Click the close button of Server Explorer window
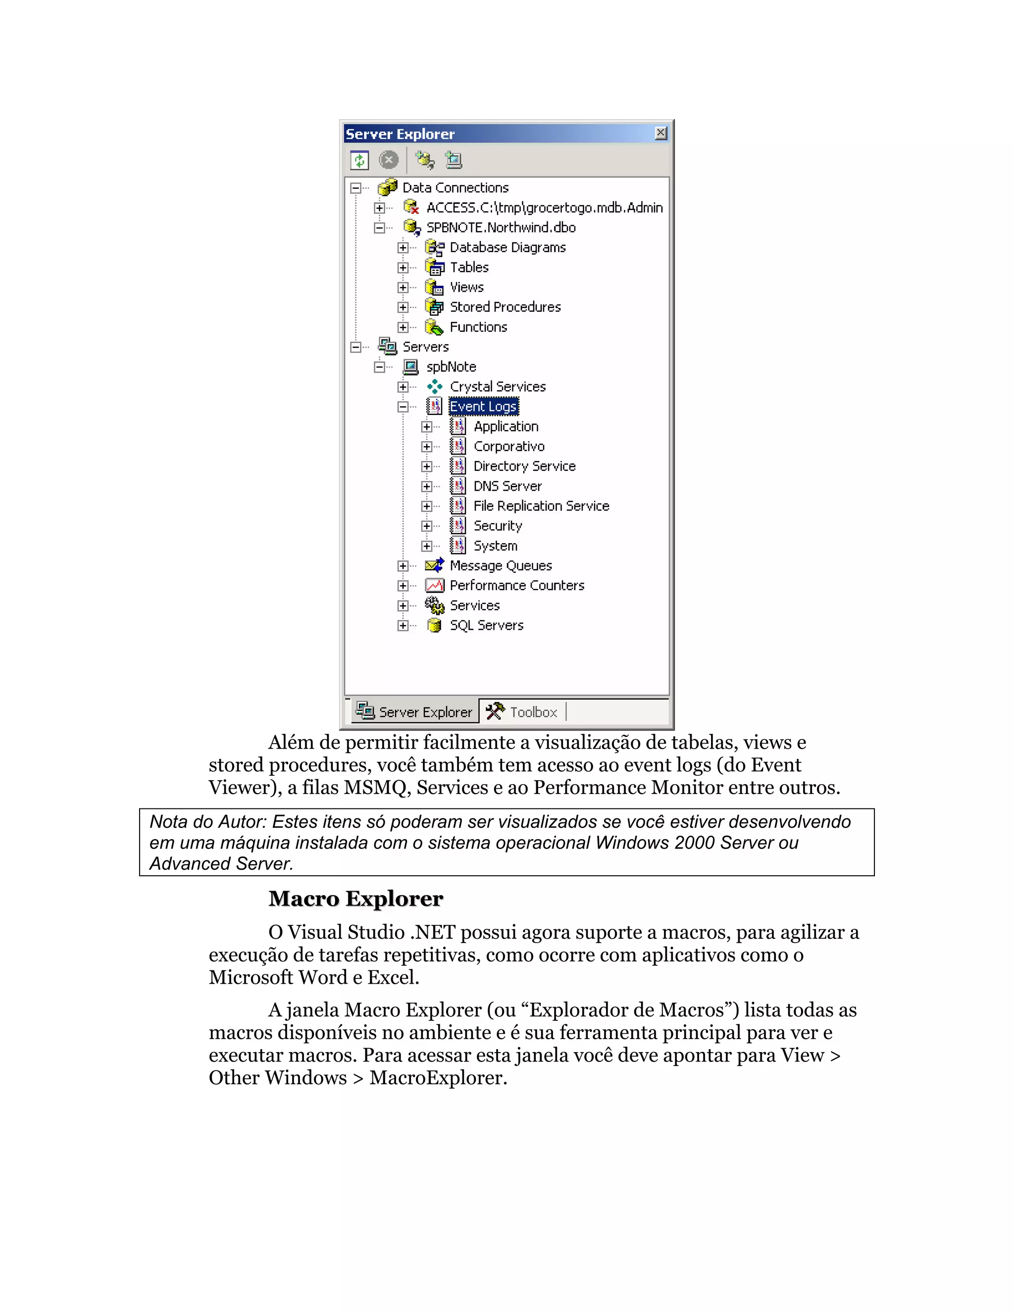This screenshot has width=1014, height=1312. point(661,133)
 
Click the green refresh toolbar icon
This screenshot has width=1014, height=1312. point(359,160)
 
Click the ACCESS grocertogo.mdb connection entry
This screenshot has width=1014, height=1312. point(544,208)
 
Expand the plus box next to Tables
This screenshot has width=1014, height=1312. point(403,267)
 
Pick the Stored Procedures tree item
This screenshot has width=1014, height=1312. point(505,307)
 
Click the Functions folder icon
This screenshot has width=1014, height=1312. point(434,327)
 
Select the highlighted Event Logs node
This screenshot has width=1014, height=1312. point(483,406)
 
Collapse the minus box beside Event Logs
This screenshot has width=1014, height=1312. point(403,406)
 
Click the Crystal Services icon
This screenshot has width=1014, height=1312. point(434,387)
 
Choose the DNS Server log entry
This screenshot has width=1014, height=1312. point(507,486)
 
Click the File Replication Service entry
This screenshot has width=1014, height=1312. point(541,506)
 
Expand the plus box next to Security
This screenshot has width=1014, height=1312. point(426,526)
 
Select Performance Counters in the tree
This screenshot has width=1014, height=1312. point(516,586)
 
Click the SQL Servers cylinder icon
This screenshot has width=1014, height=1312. point(434,625)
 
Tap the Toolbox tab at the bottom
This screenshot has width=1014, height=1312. point(523,712)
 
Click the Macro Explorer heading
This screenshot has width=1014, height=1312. point(355,899)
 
